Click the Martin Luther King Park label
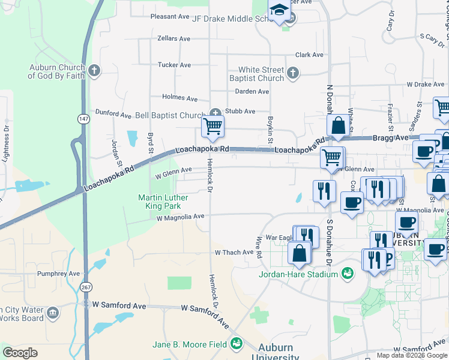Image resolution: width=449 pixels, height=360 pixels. pos(163,202)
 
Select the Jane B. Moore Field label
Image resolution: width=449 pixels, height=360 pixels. pos(189,344)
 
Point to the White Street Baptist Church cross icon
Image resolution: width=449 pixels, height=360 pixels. pos(292,73)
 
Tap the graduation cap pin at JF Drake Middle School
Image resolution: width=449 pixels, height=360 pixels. pos(279,10)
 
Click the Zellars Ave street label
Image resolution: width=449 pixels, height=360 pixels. pos(173,38)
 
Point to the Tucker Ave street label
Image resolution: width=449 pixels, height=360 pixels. pos(174,65)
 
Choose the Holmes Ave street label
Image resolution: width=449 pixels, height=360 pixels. pos(179,98)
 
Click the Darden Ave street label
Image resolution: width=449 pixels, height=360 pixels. pos(252,91)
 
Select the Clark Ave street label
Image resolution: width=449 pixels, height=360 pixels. pos(309,55)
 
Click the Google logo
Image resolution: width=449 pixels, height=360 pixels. pos(20,353)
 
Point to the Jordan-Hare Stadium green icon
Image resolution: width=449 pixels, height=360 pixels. pos(347,274)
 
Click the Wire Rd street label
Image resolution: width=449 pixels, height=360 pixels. pos(259,247)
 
